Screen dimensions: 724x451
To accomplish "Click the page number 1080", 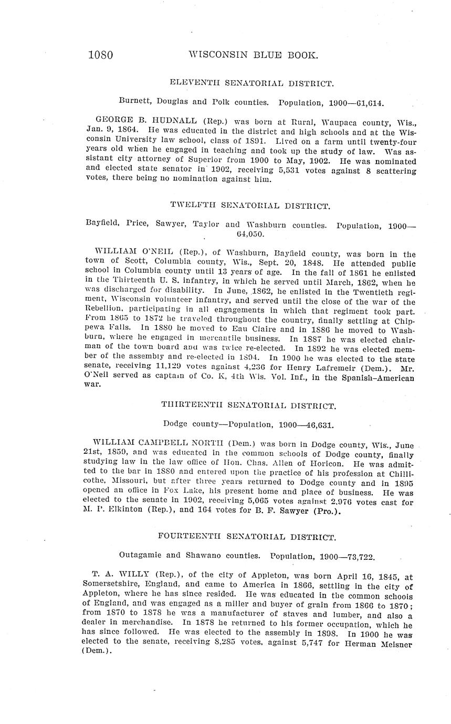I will (101, 55).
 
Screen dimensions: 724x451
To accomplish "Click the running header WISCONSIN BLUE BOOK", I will (253, 55).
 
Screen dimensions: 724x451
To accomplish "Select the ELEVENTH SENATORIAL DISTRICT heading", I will (251, 83).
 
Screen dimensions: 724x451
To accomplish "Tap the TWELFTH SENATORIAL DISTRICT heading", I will (250, 206).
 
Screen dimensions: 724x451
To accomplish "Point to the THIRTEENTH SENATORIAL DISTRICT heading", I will (249, 406).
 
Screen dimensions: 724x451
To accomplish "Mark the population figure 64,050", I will (250, 234).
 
